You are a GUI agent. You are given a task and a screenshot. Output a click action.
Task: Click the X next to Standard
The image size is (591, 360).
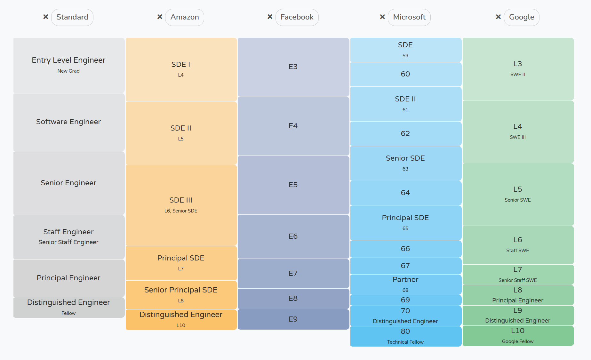tap(46, 17)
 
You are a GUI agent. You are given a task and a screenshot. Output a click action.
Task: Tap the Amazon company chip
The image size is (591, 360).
tap(185, 17)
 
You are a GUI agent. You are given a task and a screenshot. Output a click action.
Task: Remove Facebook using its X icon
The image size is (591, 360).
tap(270, 17)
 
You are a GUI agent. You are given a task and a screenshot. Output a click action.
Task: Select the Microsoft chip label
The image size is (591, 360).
tap(409, 17)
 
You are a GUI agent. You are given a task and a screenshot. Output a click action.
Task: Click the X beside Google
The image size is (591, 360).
tap(498, 17)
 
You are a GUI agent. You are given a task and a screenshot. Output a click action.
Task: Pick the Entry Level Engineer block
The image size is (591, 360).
tap(69, 66)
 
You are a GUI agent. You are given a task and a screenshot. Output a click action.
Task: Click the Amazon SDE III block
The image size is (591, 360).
tap(181, 205)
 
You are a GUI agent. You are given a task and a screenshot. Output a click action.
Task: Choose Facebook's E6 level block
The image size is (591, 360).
tap(293, 236)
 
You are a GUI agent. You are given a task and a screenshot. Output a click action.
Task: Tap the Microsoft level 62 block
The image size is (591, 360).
tap(405, 134)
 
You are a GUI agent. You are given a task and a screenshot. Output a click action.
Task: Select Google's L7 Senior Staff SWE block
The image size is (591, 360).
tap(518, 275)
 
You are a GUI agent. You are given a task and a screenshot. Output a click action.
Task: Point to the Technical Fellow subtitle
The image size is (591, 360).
tap(405, 342)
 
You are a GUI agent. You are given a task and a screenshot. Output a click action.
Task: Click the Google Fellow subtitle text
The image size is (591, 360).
tap(518, 341)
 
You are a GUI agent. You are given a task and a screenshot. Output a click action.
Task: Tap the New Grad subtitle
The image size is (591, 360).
tap(68, 71)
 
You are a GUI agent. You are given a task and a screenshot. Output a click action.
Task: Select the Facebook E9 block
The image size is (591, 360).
tap(293, 319)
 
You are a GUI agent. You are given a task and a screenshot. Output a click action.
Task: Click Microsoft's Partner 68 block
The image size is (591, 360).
tap(405, 284)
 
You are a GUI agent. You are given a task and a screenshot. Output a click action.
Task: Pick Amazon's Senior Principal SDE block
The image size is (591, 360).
tap(181, 295)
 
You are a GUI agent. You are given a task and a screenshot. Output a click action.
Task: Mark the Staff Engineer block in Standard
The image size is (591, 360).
tap(69, 237)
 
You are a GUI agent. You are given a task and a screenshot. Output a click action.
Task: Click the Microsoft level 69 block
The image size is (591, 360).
tap(405, 300)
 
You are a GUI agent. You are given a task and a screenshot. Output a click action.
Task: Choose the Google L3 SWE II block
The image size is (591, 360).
tap(518, 69)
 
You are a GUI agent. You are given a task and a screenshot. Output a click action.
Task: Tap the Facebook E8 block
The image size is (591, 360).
tap(293, 299)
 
